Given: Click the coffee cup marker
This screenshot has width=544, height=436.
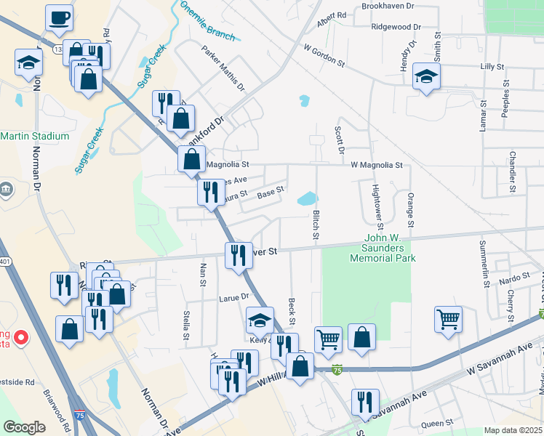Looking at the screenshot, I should pyautogui.click(x=59, y=17).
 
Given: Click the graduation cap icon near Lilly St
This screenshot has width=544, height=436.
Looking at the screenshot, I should pyautogui.click(x=426, y=76).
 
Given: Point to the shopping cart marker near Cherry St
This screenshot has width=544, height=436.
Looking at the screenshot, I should pyautogui.click(x=448, y=318).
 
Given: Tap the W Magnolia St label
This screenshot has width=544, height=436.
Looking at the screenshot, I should pyautogui.click(x=376, y=165).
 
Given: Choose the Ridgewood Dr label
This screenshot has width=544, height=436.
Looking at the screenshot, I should pyautogui.click(x=396, y=27).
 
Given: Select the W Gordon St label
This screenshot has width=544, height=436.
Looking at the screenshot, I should pyautogui.click(x=324, y=54).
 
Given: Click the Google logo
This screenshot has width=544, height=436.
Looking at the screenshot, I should pyautogui.click(x=24, y=427).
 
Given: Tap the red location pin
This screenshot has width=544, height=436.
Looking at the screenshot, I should pyautogui.click(x=21, y=338).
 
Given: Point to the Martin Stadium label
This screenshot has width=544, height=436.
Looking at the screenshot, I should pyautogui.click(x=34, y=136).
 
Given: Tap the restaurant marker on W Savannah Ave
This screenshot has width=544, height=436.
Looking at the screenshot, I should pyautogui.click(x=365, y=403).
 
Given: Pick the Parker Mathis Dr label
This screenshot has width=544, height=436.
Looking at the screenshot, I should pyautogui.click(x=223, y=69).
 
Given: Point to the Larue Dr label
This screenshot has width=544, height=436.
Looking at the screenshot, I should pyautogui.click(x=234, y=296).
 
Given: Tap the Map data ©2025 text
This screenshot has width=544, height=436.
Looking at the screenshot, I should pyautogui.click(x=513, y=430).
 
